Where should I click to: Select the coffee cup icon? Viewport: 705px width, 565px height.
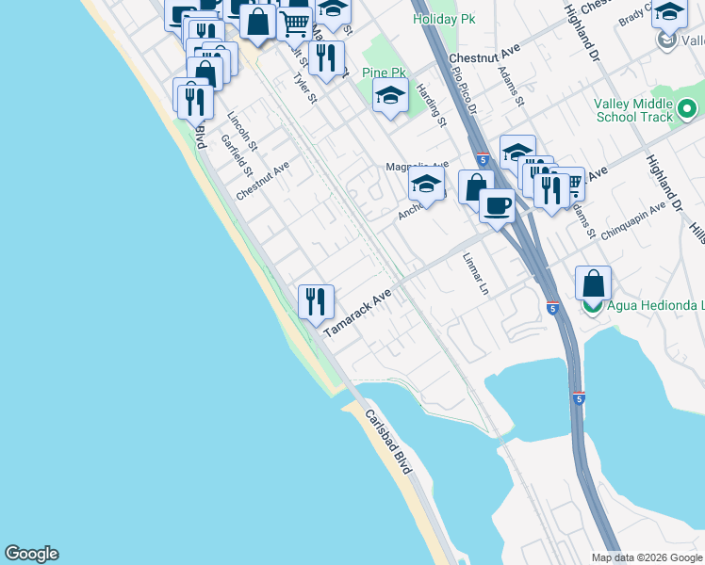pyautogui.click(x=497, y=204)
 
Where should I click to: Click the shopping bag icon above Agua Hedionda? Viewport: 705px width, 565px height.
pyautogui.click(x=593, y=282)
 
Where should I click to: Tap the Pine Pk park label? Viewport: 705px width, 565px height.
pyautogui.click(x=384, y=73)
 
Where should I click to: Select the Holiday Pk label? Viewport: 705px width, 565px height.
pyautogui.click(x=444, y=19)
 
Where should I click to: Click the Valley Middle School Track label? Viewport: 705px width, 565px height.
pyautogui.click(x=633, y=111)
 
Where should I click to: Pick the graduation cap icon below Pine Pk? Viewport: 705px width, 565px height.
pyautogui.click(x=390, y=95)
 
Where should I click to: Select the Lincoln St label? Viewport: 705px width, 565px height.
pyautogui.click(x=242, y=131)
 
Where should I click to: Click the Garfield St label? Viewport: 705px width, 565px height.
pyautogui.click(x=236, y=154)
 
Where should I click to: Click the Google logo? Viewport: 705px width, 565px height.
pyautogui.click(x=31, y=554)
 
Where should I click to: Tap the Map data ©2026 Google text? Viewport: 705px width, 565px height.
pyautogui.click(x=648, y=557)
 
